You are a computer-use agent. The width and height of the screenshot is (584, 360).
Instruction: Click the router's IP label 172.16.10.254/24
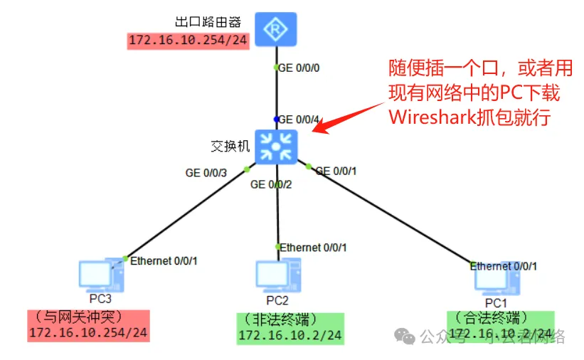click(x=189, y=41)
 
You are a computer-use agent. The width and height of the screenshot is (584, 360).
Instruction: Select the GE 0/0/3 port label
click(x=206, y=172)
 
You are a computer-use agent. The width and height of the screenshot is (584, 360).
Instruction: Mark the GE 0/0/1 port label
click(x=336, y=171)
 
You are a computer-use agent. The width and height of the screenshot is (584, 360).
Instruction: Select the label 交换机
click(x=230, y=147)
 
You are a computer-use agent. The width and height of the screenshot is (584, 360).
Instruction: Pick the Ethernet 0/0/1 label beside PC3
click(x=164, y=261)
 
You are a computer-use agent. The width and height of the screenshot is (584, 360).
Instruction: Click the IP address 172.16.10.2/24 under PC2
click(x=290, y=335)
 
